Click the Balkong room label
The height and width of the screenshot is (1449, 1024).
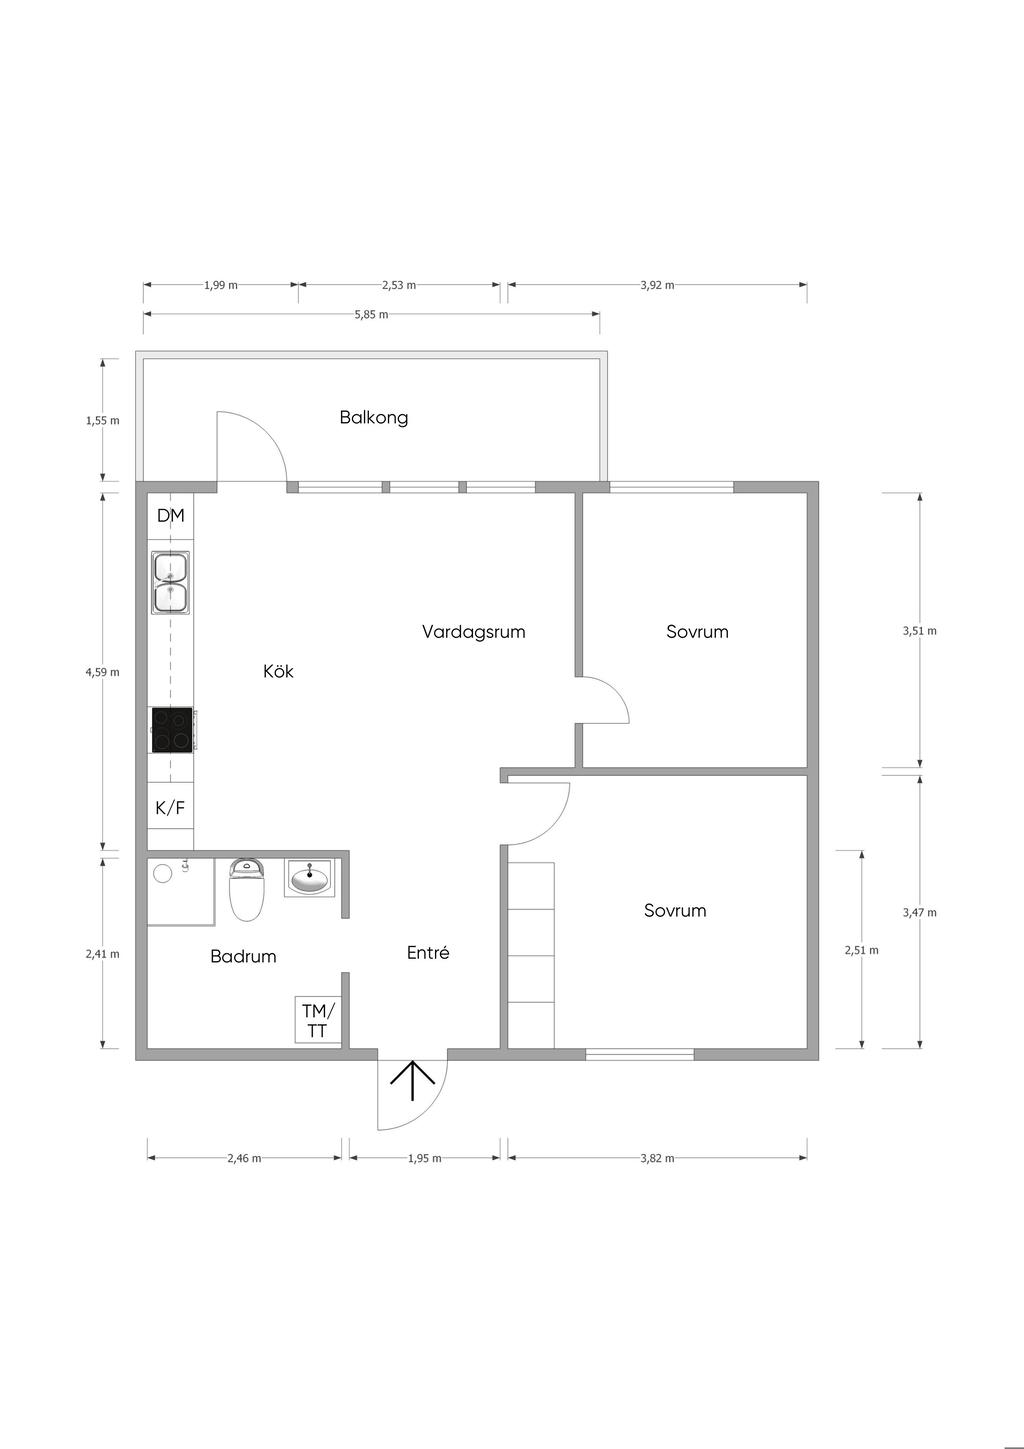point(374,418)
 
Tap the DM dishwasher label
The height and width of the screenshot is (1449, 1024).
point(171,516)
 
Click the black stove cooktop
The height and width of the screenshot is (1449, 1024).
point(172,730)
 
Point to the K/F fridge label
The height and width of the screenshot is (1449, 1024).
point(170,807)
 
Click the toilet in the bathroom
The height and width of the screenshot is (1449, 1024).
point(248,889)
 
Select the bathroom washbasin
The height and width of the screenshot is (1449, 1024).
point(310,878)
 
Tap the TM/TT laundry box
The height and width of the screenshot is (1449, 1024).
point(317,1019)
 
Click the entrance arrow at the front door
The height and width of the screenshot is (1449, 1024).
point(413,1080)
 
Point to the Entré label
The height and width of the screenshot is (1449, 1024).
point(428,953)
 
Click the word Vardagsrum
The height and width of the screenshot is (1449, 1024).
point(474,631)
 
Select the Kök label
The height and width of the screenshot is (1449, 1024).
point(278,671)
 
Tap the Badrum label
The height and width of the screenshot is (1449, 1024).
point(243,957)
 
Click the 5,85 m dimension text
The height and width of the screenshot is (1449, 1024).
point(371,315)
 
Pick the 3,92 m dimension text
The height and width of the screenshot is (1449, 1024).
point(657,285)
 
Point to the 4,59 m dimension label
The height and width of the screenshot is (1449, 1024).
point(102,672)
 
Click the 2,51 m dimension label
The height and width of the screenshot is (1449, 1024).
point(862,950)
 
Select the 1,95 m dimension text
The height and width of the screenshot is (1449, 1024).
point(424,1158)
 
